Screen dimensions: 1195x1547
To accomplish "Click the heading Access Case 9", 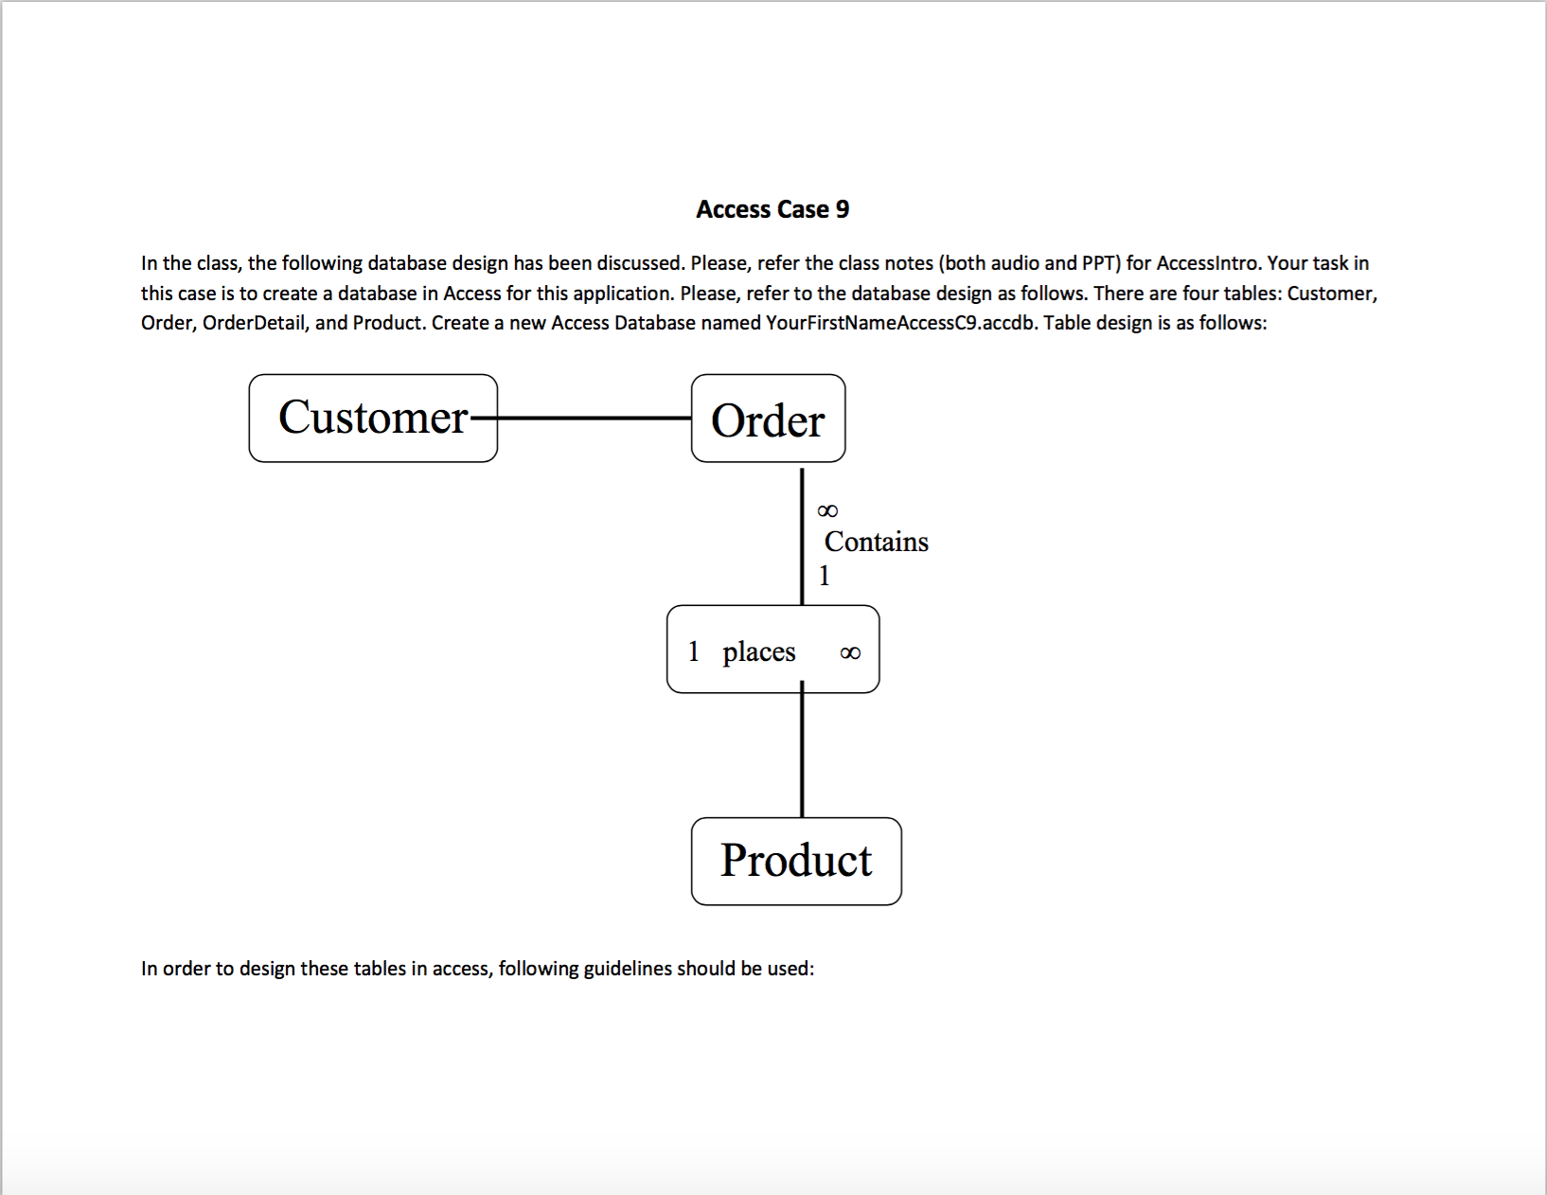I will click(773, 209).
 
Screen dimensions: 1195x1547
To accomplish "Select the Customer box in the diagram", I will click(373, 419).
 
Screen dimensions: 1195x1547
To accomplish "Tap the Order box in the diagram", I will click(768, 419).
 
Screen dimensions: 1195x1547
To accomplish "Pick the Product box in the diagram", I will click(796, 861).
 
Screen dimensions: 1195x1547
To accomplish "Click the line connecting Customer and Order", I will click(595, 418).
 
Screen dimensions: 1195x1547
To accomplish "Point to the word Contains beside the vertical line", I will click(876, 542).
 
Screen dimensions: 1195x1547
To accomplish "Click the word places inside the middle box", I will click(758, 651).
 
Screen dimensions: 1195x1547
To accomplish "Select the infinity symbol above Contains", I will click(827, 511).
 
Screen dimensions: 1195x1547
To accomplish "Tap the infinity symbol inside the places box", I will click(850, 653).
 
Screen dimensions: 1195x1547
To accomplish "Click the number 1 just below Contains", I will click(824, 576).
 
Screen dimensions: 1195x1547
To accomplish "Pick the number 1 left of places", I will click(694, 651).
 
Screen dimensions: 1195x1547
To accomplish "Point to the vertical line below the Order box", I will click(802, 535).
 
